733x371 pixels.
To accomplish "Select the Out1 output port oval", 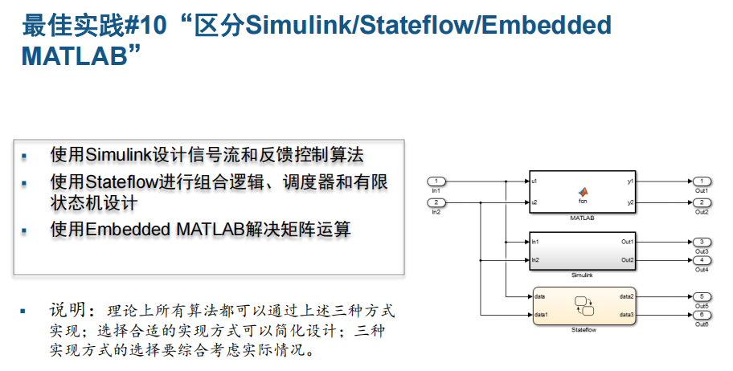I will click(701, 181).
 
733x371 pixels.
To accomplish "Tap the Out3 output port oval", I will click(701, 241).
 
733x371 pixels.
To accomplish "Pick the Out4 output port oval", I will click(701, 260).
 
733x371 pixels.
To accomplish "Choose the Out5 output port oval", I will click(701, 296).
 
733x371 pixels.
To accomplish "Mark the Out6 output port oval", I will click(701, 314).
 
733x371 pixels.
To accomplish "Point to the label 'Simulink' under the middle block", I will click(582, 275).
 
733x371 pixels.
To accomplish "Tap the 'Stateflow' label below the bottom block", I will click(582, 330).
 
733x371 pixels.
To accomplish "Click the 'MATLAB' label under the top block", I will click(582, 218).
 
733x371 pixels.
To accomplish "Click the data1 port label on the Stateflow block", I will click(541, 314).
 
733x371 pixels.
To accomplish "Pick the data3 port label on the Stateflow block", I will click(626, 314).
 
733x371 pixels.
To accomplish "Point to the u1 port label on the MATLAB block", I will click(535, 181).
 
